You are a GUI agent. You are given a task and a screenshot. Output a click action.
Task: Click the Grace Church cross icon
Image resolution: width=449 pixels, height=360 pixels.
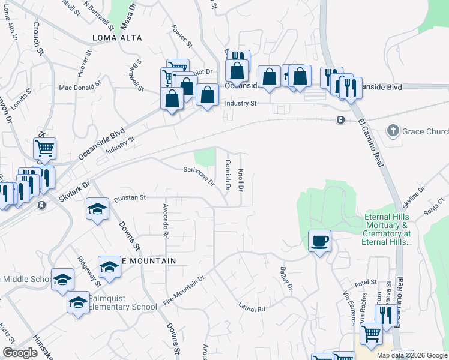[x=393, y=130]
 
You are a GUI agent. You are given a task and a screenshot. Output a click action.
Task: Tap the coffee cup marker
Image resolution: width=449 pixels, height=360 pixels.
[x=319, y=241]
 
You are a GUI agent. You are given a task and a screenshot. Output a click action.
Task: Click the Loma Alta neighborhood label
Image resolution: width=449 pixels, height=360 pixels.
[x=118, y=38]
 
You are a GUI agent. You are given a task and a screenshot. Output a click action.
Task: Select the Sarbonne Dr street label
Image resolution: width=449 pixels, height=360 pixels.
[x=199, y=176]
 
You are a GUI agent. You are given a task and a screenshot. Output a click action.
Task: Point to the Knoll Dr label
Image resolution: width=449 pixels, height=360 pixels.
[x=240, y=180]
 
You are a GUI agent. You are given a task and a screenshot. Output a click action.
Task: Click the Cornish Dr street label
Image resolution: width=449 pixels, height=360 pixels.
[x=228, y=175]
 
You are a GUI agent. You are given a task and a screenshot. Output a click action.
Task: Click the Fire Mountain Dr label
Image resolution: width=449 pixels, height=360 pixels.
[x=184, y=290]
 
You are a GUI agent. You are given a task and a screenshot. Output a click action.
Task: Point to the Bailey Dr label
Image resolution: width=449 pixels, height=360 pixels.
[x=285, y=280]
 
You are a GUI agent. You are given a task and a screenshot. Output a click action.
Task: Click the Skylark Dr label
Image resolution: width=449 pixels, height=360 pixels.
[x=74, y=193]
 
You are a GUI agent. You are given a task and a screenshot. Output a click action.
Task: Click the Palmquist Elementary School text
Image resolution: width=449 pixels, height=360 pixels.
[x=122, y=302]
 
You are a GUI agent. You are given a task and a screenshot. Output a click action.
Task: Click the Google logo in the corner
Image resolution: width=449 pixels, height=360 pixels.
[x=20, y=353]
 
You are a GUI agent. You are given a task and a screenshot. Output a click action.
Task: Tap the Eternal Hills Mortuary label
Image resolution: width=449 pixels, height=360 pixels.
[x=387, y=229]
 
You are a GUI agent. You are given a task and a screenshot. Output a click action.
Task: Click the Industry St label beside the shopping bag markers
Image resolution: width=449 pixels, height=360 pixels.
[x=240, y=103]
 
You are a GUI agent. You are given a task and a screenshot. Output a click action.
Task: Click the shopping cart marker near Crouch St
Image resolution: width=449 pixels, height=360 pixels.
[x=44, y=148]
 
